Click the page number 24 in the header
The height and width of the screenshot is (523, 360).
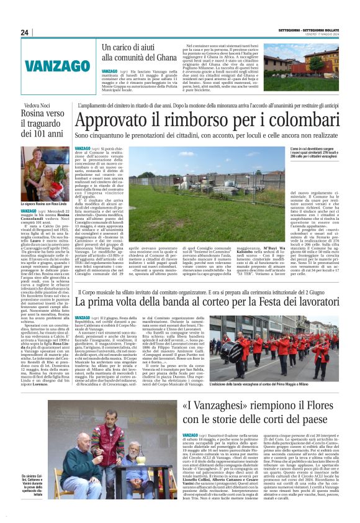[25, 33]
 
